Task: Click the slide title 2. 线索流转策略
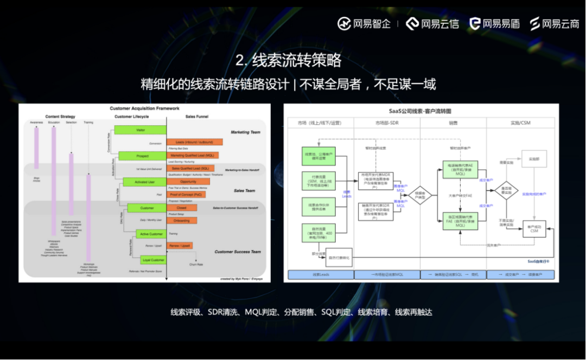(x=288, y=60)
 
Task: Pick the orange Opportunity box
(x=188, y=182)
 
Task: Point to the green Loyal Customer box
(x=153, y=260)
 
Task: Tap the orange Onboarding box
(x=182, y=221)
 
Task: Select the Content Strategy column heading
(x=60, y=117)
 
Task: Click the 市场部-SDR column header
(x=387, y=123)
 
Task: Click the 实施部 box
(x=534, y=158)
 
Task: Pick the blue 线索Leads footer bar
(x=321, y=275)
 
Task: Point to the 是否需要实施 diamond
(x=506, y=190)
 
